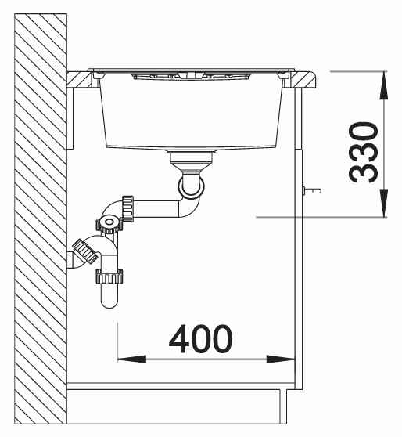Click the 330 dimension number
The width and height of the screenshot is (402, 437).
(364, 152)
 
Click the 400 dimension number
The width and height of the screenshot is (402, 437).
(200, 338)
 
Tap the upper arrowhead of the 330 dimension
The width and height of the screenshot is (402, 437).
(384, 85)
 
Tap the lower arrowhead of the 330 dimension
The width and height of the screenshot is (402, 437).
(384, 203)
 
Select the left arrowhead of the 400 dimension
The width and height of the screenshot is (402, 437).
(131, 359)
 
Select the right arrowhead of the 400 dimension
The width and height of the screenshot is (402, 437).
(280, 359)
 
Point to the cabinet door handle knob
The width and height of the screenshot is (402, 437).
(312, 191)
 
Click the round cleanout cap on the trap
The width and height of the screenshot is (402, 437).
(109, 222)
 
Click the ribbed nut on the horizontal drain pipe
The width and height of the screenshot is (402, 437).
(127, 209)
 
